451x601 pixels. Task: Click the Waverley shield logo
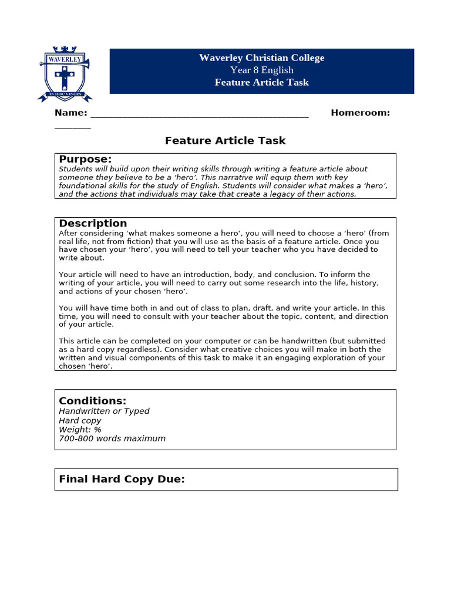click(65, 73)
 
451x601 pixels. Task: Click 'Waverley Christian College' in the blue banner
click(261, 58)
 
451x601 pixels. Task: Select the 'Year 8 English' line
click(261, 70)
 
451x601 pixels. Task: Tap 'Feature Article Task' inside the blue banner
click(261, 82)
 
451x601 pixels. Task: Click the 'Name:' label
click(71, 113)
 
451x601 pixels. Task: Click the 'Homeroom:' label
click(360, 113)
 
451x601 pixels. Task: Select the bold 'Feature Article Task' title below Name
click(225, 141)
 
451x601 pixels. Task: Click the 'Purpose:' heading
click(85, 160)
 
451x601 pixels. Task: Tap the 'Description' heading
click(93, 224)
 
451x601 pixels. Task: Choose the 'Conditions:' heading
click(92, 401)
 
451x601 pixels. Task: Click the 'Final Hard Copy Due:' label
click(122, 480)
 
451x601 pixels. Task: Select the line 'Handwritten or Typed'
click(104, 411)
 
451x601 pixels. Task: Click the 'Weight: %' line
click(80, 430)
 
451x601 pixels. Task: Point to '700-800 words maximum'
click(112, 438)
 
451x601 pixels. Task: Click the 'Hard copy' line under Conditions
click(80, 421)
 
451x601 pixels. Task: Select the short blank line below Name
click(73, 127)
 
